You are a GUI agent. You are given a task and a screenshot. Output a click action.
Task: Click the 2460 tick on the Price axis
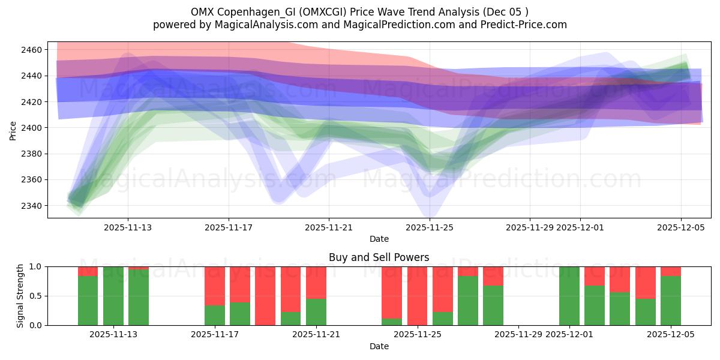coord(33,50)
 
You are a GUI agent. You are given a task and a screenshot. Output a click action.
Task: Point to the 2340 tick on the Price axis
coord(33,206)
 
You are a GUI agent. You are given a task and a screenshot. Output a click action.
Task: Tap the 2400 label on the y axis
coord(33,128)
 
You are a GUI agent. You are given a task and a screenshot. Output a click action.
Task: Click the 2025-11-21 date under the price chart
coord(329,227)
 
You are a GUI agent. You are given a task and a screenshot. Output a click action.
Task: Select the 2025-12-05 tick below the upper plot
coord(680,227)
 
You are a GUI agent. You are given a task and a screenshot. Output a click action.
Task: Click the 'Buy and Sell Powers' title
coord(379,257)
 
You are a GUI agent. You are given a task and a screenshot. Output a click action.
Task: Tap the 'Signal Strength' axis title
coord(21,296)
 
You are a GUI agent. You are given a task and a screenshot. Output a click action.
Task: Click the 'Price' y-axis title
coord(13,130)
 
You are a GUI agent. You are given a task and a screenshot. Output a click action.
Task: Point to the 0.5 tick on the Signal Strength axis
coord(35,296)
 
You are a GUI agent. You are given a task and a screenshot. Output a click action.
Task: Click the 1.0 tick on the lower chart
coord(35,266)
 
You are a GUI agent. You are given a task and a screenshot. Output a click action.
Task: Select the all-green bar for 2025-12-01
coord(569,296)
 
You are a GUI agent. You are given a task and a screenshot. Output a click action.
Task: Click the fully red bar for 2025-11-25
coord(417,296)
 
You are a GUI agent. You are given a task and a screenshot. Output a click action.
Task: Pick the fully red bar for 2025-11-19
coord(265,296)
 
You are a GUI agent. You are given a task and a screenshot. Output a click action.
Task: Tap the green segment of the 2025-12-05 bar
coord(670,301)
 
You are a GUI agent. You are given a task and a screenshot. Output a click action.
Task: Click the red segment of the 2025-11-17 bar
coord(214,286)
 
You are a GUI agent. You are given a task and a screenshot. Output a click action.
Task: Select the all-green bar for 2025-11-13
coord(113,296)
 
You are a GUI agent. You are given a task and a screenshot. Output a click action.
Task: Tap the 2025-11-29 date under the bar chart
coord(518,335)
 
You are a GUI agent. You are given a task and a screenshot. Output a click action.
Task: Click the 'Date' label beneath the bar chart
coord(379,346)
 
